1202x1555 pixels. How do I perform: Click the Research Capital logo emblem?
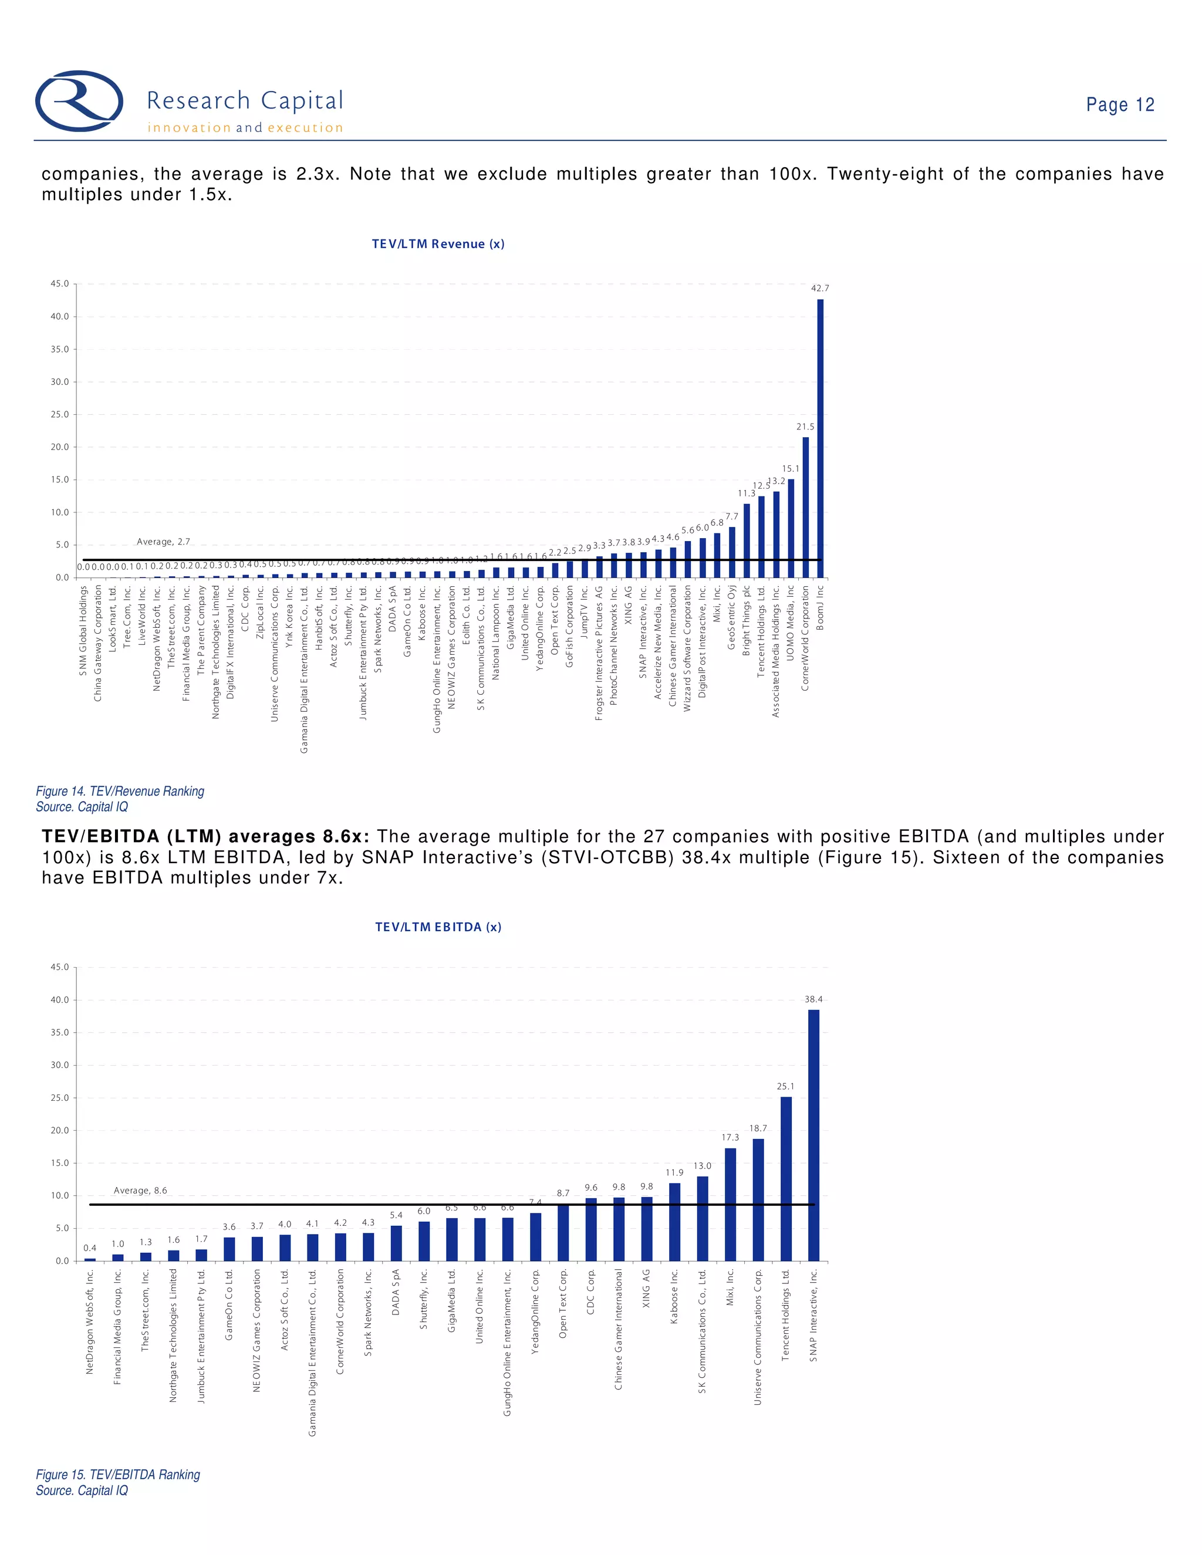(x=79, y=100)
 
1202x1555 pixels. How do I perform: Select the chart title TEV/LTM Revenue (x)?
(x=438, y=244)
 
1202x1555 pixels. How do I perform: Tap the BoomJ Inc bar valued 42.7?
(x=821, y=438)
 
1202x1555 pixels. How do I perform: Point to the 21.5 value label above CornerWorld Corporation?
(x=805, y=427)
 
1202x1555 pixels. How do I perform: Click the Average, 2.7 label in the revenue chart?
(x=163, y=542)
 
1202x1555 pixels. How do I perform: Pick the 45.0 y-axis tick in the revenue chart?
(x=60, y=284)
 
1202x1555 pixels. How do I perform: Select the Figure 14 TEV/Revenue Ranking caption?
(x=120, y=791)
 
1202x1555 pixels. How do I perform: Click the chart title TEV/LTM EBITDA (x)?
(x=438, y=927)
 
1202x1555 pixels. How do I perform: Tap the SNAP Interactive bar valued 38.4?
(x=813, y=1135)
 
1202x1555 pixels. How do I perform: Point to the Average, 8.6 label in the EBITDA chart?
(x=140, y=1191)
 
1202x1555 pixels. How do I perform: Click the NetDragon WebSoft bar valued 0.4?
(x=90, y=1259)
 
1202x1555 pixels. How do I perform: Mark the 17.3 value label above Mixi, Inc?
(x=730, y=1138)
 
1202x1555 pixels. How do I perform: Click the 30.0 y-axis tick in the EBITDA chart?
(x=60, y=1065)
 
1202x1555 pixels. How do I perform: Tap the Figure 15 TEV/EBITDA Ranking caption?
(x=117, y=1475)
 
